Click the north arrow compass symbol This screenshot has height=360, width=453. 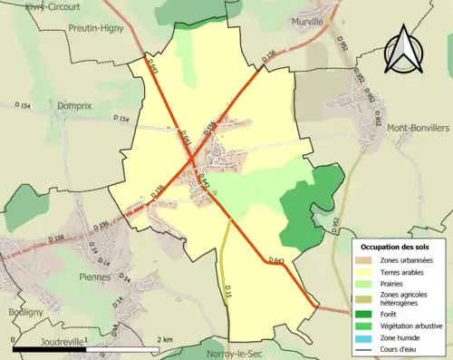pos(405,50)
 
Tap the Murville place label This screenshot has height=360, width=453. pos(308,22)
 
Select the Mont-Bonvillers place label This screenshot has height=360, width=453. pos(418,130)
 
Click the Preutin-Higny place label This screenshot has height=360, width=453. pos(97,28)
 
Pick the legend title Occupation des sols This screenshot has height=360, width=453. pos(396,247)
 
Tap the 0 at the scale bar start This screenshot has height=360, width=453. pos(15,339)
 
